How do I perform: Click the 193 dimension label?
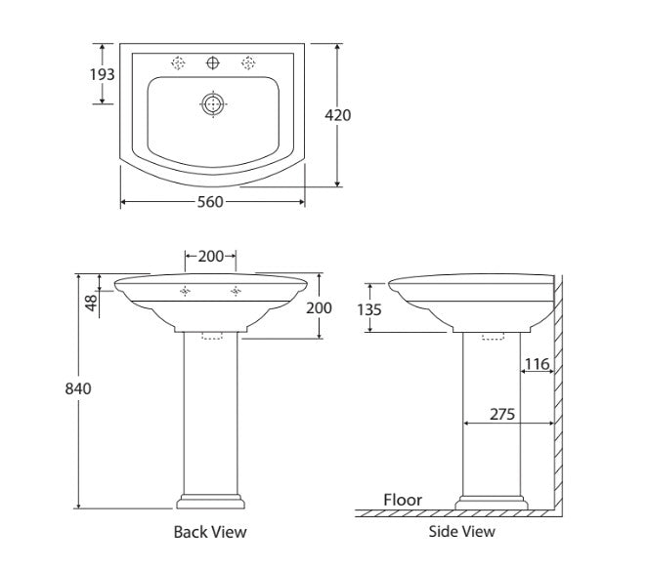pyautogui.click(x=103, y=74)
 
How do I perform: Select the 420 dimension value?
pyautogui.click(x=338, y=115)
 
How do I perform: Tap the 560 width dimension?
pyautogui.click(x=210, y=202)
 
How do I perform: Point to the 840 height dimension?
pyautogui.click(x=78, y=388)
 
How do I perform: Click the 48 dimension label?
pyautogui.click(x=92, y=303)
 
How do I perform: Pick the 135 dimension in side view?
pyautogui.click(x=369, y=309)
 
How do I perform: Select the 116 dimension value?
pyautogui.click(x=537, y=364)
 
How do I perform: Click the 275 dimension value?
pyautogui.click(x=502, y=414)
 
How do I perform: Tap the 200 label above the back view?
pyautogui.click(x=210, y=257)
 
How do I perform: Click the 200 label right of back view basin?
pyautogui.click(x=319, y=307)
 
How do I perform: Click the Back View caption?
pyautogui.click(x=210, y=532)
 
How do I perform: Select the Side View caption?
pyautogui.click(x=462, y=531)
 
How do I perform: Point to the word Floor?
pyautogui.click(x=403, y=500)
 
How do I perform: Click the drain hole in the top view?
pyautogui.click(x=213, y=103)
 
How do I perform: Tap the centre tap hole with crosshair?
pyautogui.click(x=213, y=62)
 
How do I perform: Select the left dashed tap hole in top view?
pyautogui.click(x=178, y=62)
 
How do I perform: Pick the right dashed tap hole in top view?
pyautogui.click(x=248, y=62)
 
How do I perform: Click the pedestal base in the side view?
pyautogui.click(x=492, y=503)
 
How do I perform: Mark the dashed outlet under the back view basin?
pyautogui.click(x=212, y=336)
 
